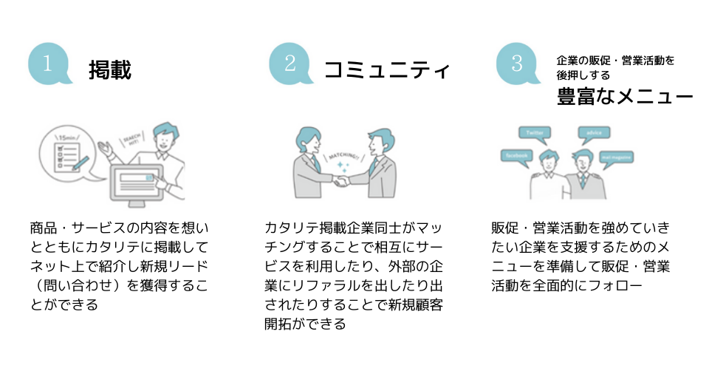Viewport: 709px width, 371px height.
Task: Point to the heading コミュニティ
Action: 387,70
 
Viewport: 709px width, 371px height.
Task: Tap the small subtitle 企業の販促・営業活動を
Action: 615,60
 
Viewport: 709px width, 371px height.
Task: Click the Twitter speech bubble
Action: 535,133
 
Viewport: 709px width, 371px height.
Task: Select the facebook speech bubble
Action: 516,155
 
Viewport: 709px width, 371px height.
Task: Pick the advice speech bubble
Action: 594,133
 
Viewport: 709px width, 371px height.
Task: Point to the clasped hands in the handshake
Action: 340,180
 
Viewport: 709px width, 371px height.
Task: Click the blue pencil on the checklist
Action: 81,160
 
